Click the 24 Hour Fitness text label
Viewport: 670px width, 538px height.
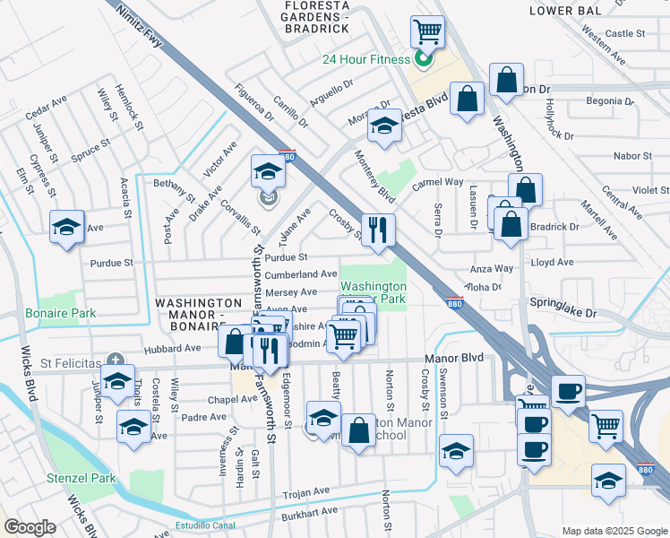tap(365, 59)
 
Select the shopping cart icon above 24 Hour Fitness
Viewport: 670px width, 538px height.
tap(428, 32)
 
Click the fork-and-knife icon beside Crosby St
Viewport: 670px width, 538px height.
tap(378, 230)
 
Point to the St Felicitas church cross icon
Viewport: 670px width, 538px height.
tap(114, 363)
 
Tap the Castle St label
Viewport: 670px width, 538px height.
tap(625, 33)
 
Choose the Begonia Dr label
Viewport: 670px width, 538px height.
tap(609, 100)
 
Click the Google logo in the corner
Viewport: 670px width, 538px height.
tap(30, 527)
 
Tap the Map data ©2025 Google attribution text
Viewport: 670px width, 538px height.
tap(614, 531)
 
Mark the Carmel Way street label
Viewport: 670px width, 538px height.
tap(437, 182)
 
